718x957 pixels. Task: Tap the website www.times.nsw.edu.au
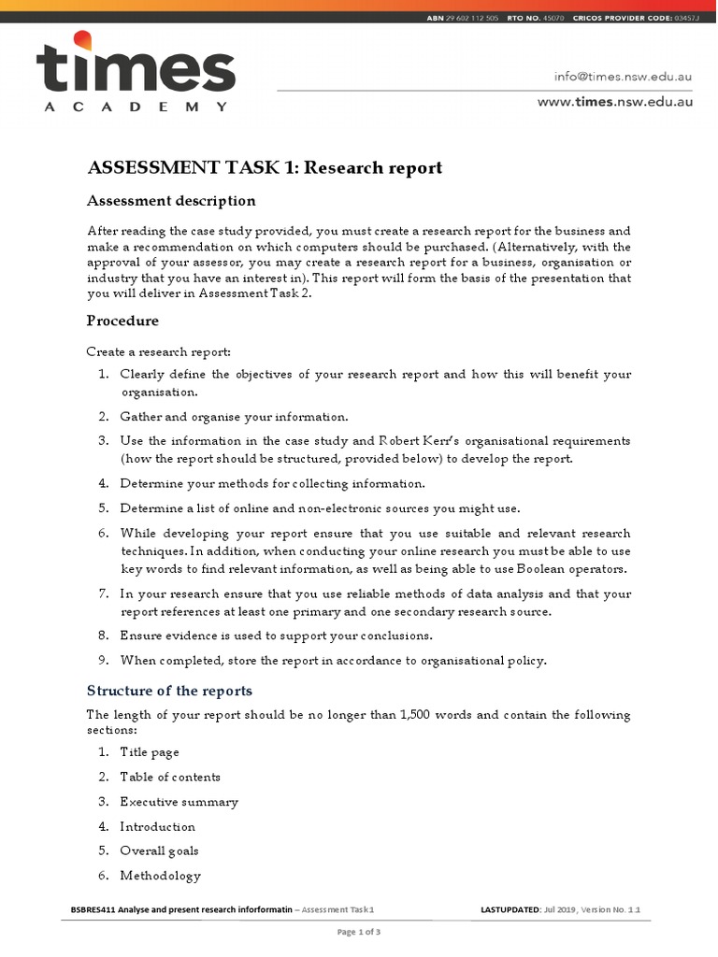pyautogui.click(x=614, y=102)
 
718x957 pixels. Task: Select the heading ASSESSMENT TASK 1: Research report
pyautogui.click(x=265, y=168)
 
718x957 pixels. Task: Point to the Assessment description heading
pyautogui.click(x=171, y=201)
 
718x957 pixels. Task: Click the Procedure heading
pyautogui.click(x=122, y=321)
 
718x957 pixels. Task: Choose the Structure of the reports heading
pyautogui.click(x=169, y=691)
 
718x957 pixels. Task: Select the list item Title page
pyautogui.click(x=150, y=752)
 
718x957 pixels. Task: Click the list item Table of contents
pyautogui.click(x=170, y=777)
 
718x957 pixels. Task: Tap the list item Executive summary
pyautogui.click(x=179, y=802)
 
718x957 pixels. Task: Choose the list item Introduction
pyautogui.click(x=158, y=826)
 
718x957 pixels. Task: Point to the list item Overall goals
pyautogui.click(x=159, y=850)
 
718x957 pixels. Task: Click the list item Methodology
pyautogui.click(x=160, y=876)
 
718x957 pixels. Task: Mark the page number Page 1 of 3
pyautogui.click(x=358, y=932)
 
